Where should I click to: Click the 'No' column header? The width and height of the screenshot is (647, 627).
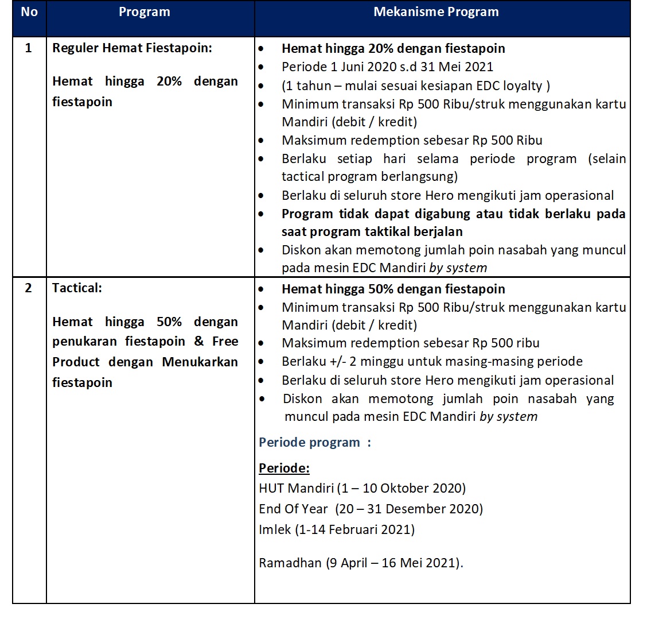tap(29, 12)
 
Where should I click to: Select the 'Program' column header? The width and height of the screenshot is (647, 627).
tap(144, 12)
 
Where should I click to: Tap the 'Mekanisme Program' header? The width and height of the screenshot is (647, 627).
tap(436, 12)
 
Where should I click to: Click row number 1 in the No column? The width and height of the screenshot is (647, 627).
tap(29, 48)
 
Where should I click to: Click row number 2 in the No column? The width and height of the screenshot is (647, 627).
tap(29, 288)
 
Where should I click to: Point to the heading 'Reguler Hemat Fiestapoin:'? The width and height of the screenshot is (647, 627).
tap(132, 48)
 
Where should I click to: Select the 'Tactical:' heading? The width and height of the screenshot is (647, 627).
tap(77, 288)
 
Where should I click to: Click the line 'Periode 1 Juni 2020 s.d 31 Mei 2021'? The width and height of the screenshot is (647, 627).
tap(387, 67)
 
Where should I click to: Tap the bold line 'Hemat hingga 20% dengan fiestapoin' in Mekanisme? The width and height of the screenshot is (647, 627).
tap(393, 49)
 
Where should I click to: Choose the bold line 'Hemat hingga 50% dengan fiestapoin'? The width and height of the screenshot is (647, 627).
tap(393, 289)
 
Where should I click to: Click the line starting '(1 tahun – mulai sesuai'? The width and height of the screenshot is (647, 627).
tap(416, 86)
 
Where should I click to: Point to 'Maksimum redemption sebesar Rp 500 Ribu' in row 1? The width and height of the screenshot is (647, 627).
tap(412, 141)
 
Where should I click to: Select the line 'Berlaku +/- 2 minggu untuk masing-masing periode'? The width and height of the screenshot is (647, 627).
tap(432, 362)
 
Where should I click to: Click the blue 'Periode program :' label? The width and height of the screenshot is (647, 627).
tap(315, 443)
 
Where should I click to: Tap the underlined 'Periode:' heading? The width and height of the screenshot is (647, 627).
tap(284, 469)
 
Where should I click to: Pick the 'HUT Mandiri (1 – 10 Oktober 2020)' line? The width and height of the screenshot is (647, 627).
tap(362, 489)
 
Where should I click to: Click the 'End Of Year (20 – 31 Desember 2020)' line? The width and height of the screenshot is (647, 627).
tap(371, 509)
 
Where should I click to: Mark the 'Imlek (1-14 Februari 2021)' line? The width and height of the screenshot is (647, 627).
tap(336, 529)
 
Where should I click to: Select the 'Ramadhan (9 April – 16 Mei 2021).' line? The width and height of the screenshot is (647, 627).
tap(361, 563)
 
